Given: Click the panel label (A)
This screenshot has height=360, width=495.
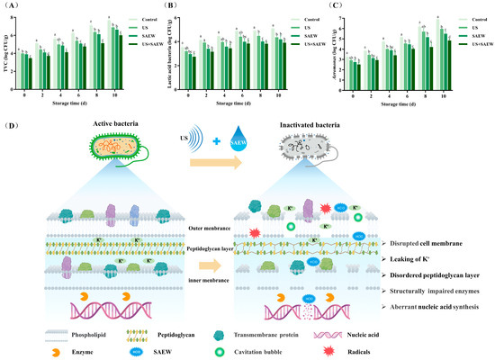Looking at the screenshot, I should (12, 5).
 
